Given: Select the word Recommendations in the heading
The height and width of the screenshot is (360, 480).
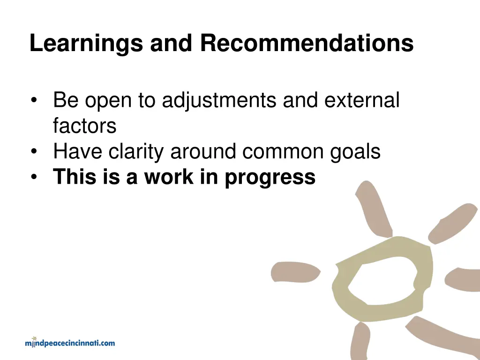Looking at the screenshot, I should pos(307,44).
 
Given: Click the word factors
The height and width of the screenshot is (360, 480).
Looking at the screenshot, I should pos(84,126).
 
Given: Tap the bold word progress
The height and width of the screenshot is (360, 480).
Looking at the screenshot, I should pos(270,178).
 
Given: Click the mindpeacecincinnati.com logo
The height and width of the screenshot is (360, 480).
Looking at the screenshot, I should pos(70,343).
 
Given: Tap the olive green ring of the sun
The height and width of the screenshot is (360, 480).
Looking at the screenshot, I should pos(345,291).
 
